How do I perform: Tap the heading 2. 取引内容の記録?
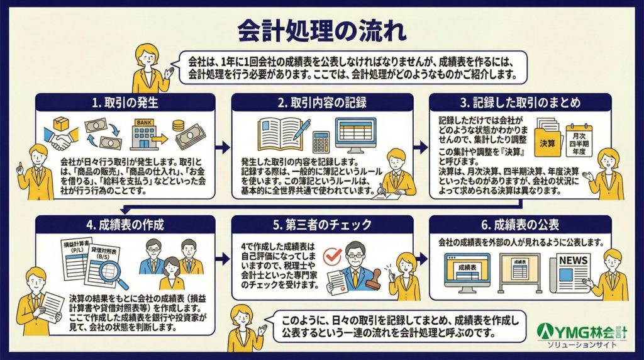(321, 103)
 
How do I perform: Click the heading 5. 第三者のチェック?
(321, 225)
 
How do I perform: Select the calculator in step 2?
(320, 142)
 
